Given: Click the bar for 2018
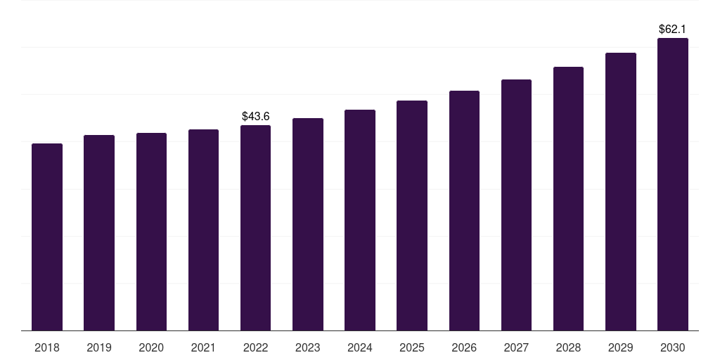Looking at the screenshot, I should click(47, 237).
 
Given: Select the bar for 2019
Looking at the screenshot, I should click(99, 233).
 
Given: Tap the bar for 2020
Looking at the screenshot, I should click(151, 231).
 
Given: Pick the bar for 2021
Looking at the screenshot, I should click(203, 230).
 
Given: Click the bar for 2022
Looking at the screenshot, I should click(255, 228).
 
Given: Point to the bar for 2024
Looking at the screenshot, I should click(360, 220).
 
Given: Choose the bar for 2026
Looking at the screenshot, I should click(464, 210).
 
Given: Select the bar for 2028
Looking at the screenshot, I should click(568, 198).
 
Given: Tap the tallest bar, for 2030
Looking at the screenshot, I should click(672, 184).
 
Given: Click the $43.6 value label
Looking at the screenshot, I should click(255, 116).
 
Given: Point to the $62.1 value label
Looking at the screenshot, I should click(672, 30).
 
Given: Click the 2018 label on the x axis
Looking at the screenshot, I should click(47, 347).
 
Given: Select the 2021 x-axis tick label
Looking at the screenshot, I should click(203, 347).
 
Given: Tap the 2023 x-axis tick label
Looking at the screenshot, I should click(307, 347).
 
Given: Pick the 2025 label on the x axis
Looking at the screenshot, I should click(412, 347).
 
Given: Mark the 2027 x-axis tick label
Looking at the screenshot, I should click(516, 347).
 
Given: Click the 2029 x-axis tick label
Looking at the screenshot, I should click(620, 347).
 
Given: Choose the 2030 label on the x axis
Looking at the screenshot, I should click(672, 347).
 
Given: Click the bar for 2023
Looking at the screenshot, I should click(307, 224).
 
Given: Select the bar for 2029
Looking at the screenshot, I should click(620, 191).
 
